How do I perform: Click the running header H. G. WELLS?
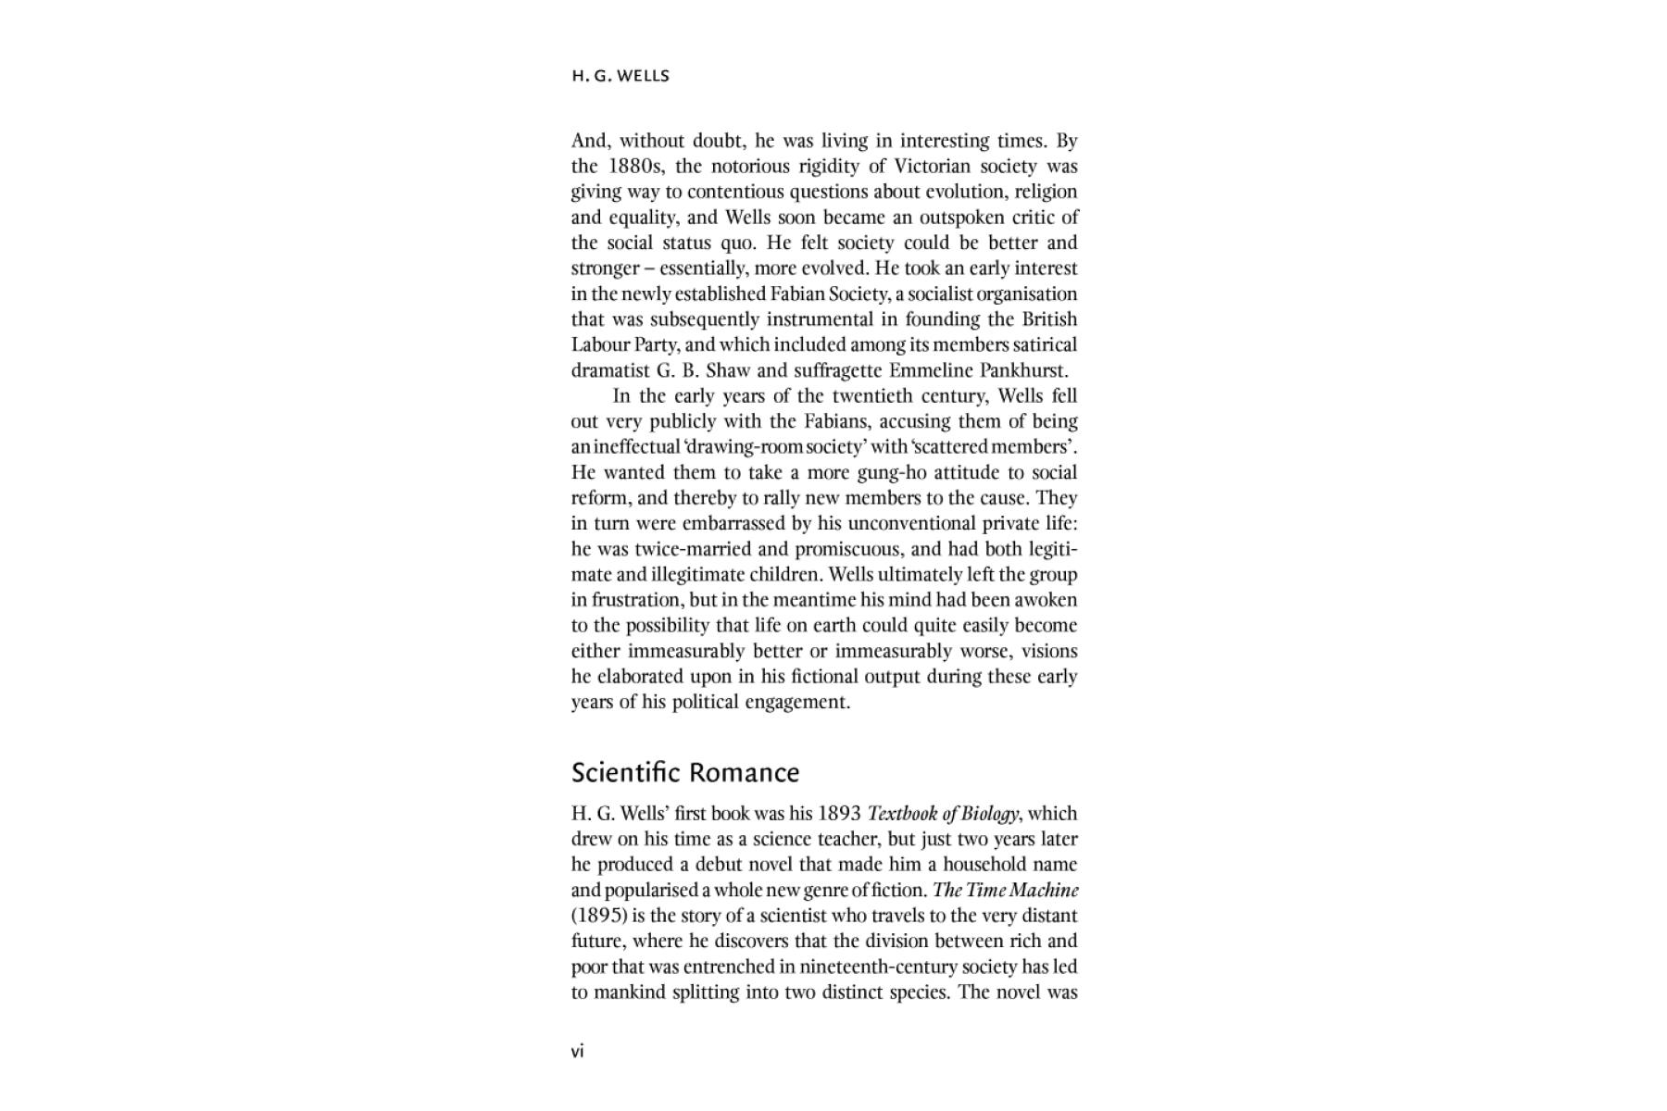[620, 76]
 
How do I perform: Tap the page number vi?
[577, 1051]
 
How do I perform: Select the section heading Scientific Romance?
[684, 772]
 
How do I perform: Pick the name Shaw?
[727, 370]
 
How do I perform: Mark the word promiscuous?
[847, 549]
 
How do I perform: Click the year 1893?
[839, 814]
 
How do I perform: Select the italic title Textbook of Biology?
[943, 814]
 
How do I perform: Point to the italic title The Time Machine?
[1005, 891]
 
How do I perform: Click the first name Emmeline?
[930, 370]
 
